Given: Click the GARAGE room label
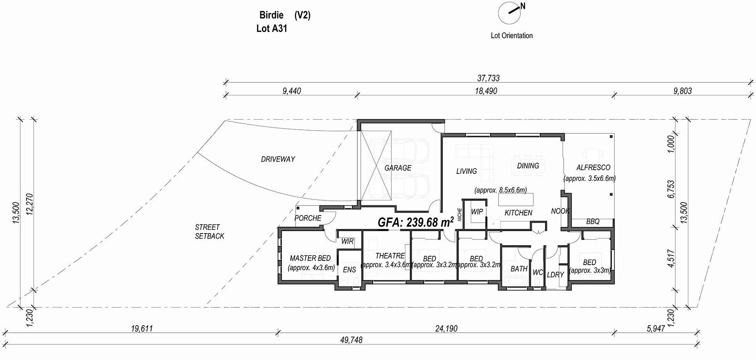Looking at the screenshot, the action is click(x=398, y=168).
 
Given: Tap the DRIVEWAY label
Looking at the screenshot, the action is click(x=278, y=159).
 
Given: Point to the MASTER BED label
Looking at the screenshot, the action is click(x=310, y=258).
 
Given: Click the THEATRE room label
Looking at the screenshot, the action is click(x=390, y=256).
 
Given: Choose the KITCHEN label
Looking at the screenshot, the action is click(x=518, y=213).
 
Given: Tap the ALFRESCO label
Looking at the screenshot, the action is click(x=593, y=168).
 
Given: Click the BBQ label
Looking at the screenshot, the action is click(x=593, y=221).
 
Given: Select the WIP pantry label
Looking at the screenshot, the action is click(x=477, y=212).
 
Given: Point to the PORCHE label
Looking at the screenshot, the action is click(x=308, y=218).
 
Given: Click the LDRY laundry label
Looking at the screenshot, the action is click(x=555, y=275).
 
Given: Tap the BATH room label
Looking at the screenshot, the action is click(x=519, y=268).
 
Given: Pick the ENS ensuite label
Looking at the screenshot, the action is click(x=349, y=270).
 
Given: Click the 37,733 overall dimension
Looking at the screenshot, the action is click(x=488, y=78).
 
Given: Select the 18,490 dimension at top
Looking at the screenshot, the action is click(x=486, y=91).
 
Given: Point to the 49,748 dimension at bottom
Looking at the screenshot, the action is click(x=351, y=340).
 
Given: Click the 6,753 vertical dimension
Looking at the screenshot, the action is click(x=671, y=189).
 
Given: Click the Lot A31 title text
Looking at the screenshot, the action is click(x=271, y=29).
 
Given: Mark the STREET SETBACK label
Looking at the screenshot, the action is click(x=209, y=231).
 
